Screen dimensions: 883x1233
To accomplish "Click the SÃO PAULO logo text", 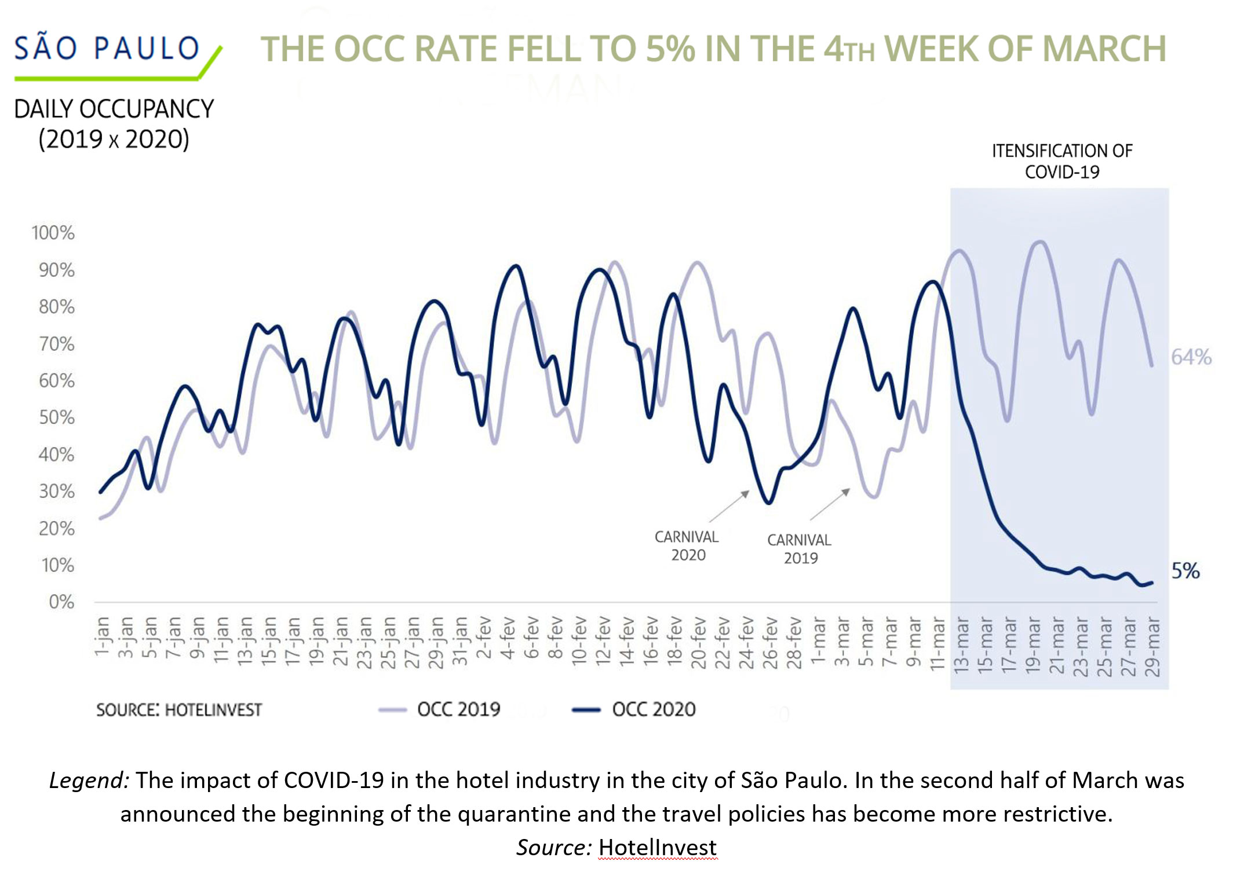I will coord(107,49).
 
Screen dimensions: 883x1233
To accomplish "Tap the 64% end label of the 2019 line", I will coord(1191,357).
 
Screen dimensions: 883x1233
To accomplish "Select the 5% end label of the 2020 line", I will coord(1185,571).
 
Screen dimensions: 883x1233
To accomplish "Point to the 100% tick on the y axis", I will coord(53,233).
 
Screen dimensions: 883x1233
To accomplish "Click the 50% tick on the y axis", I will coord(56,417).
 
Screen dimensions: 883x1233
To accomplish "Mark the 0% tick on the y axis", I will coord(61,602).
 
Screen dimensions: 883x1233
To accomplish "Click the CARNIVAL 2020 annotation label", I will coord(687,545).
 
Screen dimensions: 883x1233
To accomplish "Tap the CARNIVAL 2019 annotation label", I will coord(800,548).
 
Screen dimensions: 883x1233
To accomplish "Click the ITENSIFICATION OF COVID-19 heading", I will coord(1061,162).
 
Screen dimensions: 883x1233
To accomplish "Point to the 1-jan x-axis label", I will coord(102,637).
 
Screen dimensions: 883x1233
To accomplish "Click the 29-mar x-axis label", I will coord(1152,647).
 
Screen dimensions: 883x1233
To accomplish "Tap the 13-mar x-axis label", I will coord(961,646).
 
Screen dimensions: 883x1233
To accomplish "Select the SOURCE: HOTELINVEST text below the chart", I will coord(179,710).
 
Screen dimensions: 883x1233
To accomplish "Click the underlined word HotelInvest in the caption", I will coord(657,848).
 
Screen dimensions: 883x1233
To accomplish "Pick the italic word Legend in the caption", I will coord(89,781).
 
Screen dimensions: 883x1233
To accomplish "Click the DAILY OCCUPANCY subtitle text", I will coord(114,109).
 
